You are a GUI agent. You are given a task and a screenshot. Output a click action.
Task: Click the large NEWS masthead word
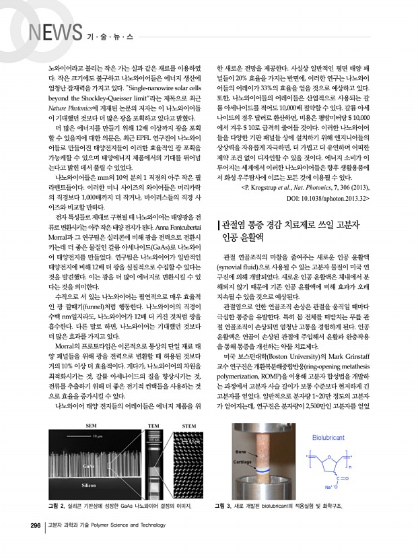56,32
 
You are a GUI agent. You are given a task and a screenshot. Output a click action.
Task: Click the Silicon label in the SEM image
88,484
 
